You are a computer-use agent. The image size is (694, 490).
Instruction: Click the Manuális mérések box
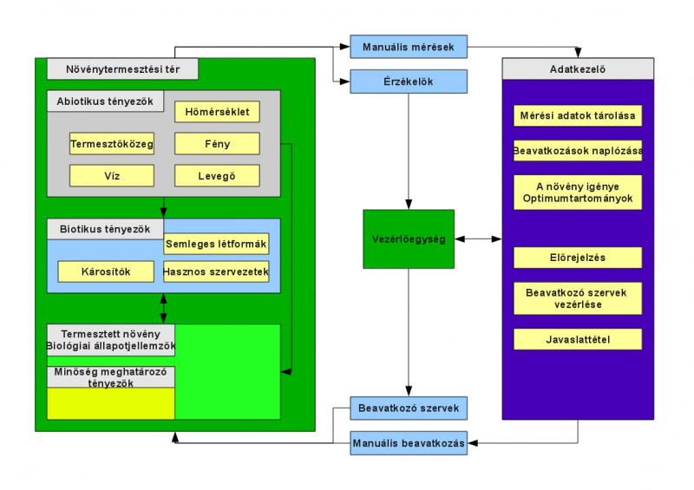pyautogui.click(x=409, y=45)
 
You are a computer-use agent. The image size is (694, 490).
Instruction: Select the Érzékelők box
pyautogui.click(x=409, y=82)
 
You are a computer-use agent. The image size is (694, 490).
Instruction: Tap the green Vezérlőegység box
pyautogui.click(x=409, y=238)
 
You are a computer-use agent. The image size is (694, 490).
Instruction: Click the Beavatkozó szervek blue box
pyautogui.click(x=409, y=408)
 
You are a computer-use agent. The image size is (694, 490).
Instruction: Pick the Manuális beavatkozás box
pyautogui.click(x=409, y=442)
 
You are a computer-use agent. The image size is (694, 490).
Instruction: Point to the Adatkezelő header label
pyautogui.click(x=578, y=69)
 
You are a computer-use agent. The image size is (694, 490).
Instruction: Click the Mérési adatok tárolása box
pyautogui.click(x=578, y=115)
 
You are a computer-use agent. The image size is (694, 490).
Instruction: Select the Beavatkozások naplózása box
pyautogui.click(x=578, y=150)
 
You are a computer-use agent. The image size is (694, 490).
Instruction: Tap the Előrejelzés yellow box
pyautogui.click(x=578, y=258)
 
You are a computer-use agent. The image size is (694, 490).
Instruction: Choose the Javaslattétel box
pyautogui.click(x=578, y=339)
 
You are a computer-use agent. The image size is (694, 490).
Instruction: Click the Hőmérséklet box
pyautogui.click(x=217, y=112)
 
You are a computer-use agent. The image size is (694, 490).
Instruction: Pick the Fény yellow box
pyautogui.click(x=217, y=144)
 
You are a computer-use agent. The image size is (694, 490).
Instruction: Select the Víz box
pyautogui.click(x=111, y=176)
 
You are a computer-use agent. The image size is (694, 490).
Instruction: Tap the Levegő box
pyautogui.click(x=217, y=176)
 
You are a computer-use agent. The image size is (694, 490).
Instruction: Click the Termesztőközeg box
pyautogui.click(x=111, y=144)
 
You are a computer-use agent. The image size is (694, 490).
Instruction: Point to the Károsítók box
pyautogui.click(x=105, y=271)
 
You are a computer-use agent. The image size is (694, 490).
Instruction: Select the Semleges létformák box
pyautogui.click(x=217, y=244)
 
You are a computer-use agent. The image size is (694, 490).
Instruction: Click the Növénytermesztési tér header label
pyautogui.click(x=122, y=69)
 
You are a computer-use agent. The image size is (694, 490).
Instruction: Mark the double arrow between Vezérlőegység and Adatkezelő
pyautogui.click(x=478, y=238)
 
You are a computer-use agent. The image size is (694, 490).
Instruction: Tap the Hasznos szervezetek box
pyautogui.click(x=217, y=271)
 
